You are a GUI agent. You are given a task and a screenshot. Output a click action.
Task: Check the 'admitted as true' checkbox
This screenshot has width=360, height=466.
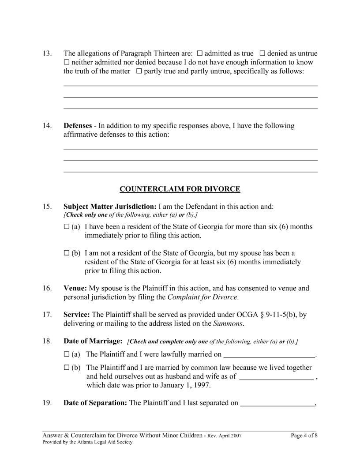[x=199, y=54]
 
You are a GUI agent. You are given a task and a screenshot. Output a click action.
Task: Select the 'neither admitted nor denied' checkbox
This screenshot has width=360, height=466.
[x=67, y=63]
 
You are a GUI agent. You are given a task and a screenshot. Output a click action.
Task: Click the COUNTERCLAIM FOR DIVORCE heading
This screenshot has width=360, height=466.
[x=180, y=189]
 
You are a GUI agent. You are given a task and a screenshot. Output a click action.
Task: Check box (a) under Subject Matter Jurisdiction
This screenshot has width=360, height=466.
[x=67, y=227]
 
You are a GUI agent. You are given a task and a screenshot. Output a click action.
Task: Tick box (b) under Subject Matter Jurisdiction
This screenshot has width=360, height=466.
[x=67, y=253]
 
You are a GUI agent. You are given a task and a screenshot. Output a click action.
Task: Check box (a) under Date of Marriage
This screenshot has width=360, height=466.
[x=67, y=354]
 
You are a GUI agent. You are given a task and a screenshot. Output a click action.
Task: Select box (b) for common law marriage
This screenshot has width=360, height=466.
[x=67, y=368]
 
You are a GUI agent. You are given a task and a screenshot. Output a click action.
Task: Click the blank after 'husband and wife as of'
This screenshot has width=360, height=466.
[x=276, y=377]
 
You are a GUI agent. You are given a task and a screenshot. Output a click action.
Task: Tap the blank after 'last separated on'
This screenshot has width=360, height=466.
[x=277, y=403]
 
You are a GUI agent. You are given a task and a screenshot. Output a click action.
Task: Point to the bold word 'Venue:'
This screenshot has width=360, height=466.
[x=75, y=289]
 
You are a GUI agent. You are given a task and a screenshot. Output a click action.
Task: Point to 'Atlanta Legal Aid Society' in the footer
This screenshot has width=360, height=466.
[x=108, y=442]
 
